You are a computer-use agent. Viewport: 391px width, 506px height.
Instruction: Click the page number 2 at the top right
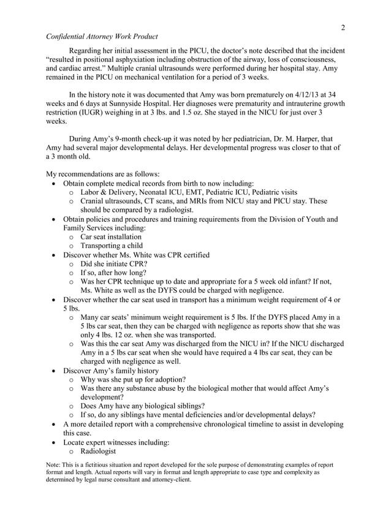[x=343, y=27]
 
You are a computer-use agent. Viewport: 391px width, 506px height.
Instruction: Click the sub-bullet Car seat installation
[x=111, y=236]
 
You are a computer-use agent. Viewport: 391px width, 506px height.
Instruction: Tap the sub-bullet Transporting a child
[x=110, y=246]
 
